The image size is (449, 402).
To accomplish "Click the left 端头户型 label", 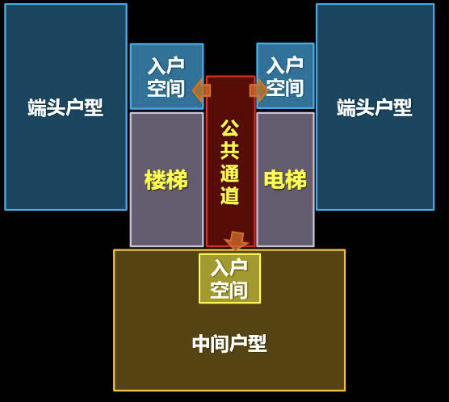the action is click(x=65, y=107).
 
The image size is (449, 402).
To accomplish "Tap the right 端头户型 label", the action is click(x=375, y=107).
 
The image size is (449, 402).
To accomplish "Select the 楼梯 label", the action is click(x=166, y=180).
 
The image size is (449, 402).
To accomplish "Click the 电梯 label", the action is click(x=285, y=179).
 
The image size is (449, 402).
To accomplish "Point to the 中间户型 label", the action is click(x=229, y=343).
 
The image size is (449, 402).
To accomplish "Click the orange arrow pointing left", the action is click(x=201, y=90).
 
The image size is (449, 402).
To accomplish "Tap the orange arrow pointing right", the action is click(x=259, y=90).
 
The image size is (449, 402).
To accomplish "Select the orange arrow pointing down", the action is click(x=237, y=241).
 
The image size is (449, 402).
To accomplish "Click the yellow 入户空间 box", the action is click(x=229, y=278).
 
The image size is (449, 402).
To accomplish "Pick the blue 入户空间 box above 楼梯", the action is click(x=166, y=76).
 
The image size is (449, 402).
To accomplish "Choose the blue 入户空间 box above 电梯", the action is click(x=286, y=76).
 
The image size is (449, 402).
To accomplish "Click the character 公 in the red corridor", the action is click(x=229, y=128).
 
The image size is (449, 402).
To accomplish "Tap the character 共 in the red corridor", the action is click(x=229, y=151).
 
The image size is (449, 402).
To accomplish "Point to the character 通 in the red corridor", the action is click(x=229, y=174).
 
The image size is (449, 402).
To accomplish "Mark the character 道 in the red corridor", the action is click(x=229, y=196).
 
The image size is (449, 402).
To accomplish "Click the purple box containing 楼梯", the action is click(x=166, y=179).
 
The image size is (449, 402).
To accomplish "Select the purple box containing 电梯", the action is click(x=286, y=179).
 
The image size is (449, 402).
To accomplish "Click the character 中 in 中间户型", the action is click(x=201, y=343).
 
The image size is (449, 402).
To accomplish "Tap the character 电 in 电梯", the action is click(x=275, y=179).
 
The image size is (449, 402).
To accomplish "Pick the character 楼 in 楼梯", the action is click(x=155, y=180).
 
